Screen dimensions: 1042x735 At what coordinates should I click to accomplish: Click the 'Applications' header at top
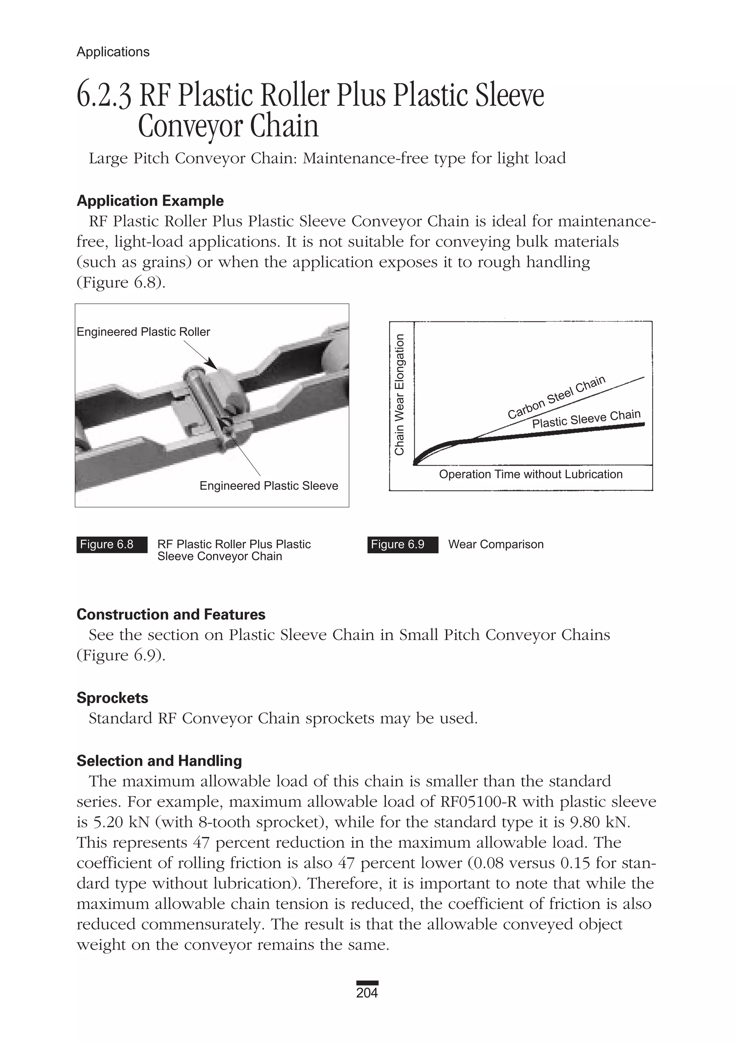113,52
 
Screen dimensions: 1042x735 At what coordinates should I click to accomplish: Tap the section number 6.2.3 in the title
104,96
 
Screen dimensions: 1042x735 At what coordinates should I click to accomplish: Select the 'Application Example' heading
150,201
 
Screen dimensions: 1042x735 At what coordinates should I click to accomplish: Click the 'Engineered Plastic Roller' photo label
143,332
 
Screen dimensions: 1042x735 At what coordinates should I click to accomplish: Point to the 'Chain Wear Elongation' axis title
399,394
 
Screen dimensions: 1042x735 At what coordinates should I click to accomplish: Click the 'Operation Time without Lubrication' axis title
530,474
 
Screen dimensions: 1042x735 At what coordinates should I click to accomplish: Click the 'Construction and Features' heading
170,614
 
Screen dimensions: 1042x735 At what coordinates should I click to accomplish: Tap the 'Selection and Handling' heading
159,760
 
